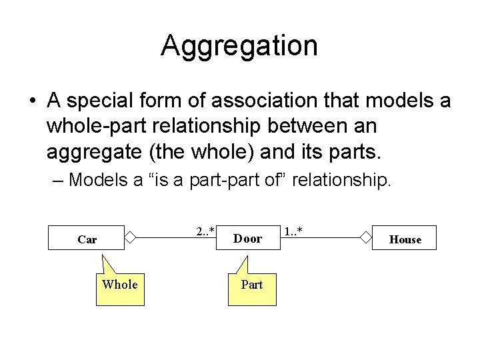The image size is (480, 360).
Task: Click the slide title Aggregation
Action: (x=239, y=46)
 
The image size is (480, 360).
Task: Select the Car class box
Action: (x=87, y=239)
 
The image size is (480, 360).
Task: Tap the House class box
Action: (x=405, y=239)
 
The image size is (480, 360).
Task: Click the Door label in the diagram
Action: (x=248, y=238)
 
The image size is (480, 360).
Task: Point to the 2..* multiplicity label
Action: (x=205, y=231)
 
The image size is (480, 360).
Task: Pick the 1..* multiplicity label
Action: (x=294, y=231)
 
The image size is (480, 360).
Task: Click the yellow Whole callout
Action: (x=120, y=287)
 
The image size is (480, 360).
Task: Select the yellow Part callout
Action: (x=252, y=287)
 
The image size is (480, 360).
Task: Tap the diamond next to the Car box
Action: (x=131, y=237)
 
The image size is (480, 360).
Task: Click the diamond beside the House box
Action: (x=365, y=237)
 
